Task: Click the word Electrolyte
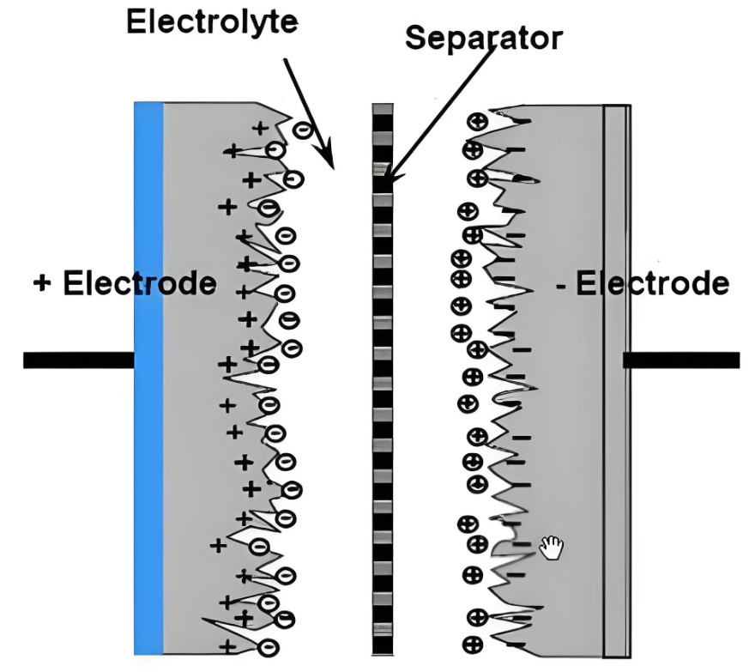pos(212,21)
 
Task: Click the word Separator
pos(484,38)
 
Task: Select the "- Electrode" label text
pos(643,283)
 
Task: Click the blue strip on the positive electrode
pos(148,378)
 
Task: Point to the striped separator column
pos(383,378)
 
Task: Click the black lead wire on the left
pos(78,360)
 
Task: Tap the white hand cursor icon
pos(551,546)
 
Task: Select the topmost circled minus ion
pos(302,130)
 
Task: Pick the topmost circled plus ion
pos(474,121)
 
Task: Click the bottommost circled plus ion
pos(471,644)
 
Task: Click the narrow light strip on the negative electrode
pos(615,378)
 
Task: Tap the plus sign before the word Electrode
pos(42,283)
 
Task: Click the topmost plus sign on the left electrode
pos(259,129)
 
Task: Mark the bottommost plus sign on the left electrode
pos(227,646)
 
